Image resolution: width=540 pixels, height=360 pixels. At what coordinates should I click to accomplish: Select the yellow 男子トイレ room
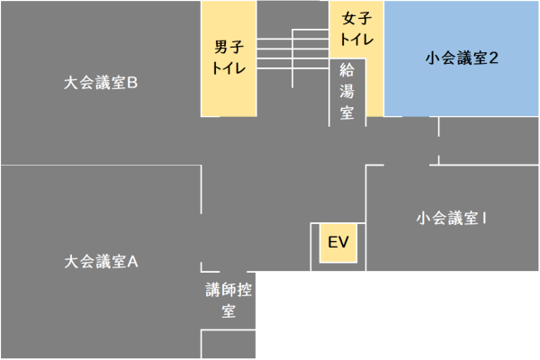tap(229, 58)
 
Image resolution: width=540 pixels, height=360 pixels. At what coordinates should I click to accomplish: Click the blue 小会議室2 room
tap(462, 58)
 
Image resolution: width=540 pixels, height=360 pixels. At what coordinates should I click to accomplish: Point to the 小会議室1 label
tap(452, 219)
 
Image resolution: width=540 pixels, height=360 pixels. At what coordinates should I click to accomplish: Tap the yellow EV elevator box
tap(338, 243)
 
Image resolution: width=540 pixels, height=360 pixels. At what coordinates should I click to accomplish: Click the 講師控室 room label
tap(229, 301)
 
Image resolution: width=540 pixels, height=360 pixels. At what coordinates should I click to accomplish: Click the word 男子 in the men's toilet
tap(229, 48)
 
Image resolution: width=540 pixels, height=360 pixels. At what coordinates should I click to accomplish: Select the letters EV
tap(338, 243)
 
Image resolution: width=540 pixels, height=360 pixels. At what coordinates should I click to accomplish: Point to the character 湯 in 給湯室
tap(346, 91)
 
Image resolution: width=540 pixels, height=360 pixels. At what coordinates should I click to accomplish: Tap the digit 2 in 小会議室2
tap(494, 58)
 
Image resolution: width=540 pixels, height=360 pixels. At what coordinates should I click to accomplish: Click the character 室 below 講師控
tap(229, 311)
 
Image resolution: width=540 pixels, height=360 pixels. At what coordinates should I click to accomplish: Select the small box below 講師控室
tap(229, 345)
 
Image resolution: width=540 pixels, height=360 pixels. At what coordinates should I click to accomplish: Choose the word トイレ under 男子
tap(229, 67)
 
